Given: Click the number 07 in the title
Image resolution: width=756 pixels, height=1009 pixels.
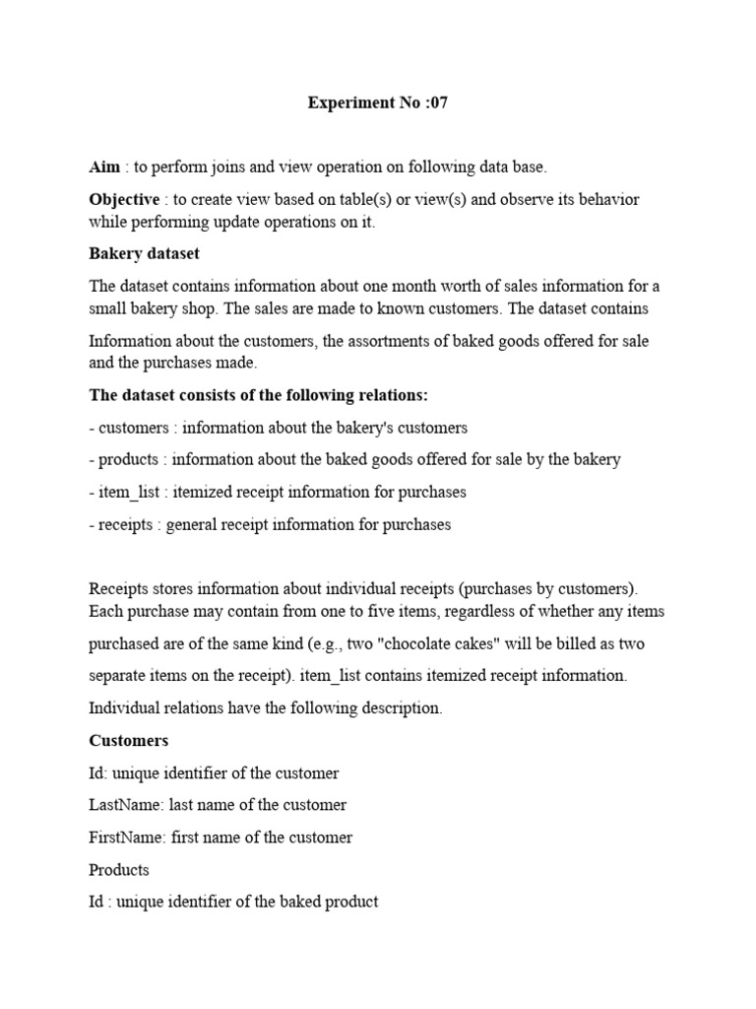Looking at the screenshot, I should coord(437,102).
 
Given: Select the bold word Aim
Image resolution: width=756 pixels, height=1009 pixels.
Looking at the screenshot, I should coord(104,167).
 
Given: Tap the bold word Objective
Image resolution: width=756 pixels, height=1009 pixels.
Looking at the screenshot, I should coord(124,199).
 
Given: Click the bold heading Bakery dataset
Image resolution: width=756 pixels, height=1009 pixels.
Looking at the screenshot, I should coord(145,253).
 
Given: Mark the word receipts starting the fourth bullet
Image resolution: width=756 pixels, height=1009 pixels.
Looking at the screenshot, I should coord(126,524).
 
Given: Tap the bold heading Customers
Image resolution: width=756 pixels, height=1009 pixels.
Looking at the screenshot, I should coord(129,740).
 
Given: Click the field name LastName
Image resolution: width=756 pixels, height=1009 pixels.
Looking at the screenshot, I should coord(125,804).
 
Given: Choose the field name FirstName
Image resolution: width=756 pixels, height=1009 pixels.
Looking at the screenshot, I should coord(126,837).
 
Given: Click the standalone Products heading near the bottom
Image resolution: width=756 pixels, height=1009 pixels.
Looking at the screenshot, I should coord(119,869).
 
